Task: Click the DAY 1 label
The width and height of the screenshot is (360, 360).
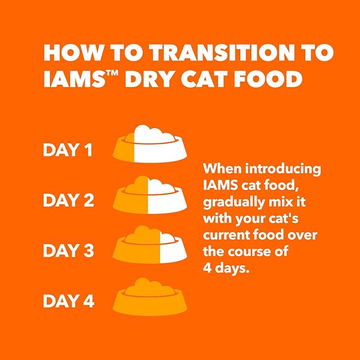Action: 68,151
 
